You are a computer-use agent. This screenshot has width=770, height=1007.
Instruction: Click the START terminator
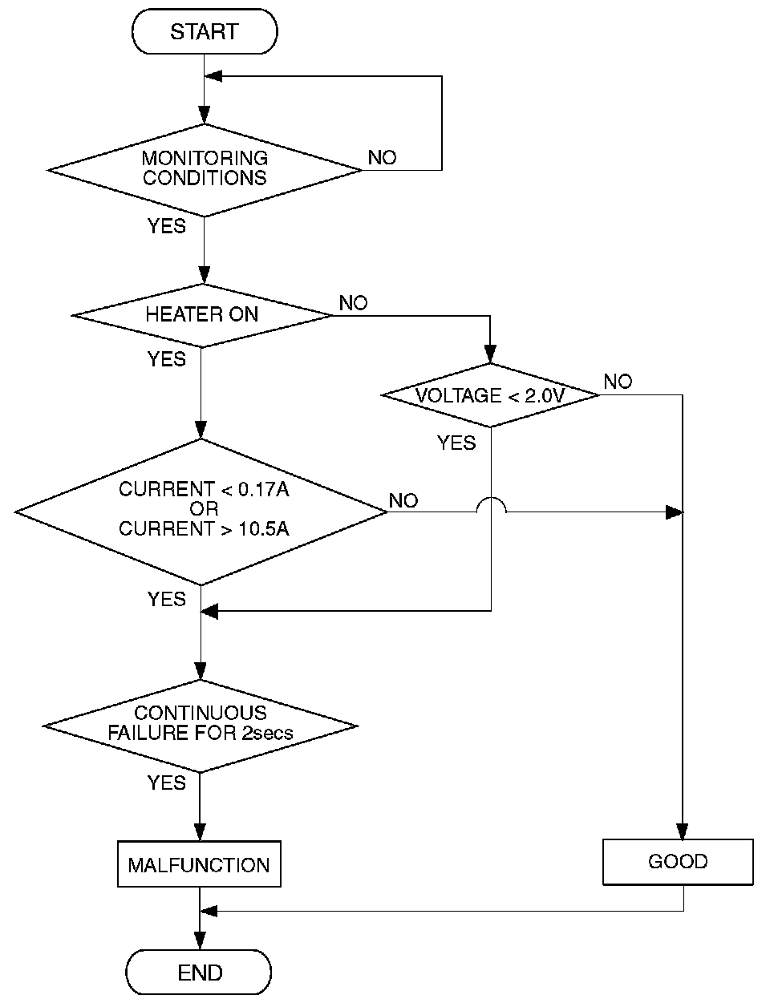205,32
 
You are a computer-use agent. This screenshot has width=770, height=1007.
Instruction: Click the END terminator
199,973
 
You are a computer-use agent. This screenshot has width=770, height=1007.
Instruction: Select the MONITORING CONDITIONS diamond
205,169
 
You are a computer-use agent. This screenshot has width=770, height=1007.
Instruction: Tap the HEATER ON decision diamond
202,315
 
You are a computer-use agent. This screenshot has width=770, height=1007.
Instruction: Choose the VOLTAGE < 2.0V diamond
490,395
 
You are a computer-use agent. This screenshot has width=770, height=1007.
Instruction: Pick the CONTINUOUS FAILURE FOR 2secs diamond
200,726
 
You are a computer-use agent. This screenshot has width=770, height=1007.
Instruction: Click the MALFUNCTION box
199,864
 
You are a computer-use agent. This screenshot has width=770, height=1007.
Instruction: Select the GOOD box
678,862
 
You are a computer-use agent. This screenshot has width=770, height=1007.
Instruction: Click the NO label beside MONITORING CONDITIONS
382,158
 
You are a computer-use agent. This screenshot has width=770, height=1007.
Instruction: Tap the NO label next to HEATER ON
353,303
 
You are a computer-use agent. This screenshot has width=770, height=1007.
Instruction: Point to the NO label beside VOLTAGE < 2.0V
618,382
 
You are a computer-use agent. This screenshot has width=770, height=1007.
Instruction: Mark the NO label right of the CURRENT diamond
403,501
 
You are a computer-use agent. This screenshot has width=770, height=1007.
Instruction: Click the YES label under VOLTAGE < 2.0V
456,443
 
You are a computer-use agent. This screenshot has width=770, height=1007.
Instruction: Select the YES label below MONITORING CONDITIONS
167,226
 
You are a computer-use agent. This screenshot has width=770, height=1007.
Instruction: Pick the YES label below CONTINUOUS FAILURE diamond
167,783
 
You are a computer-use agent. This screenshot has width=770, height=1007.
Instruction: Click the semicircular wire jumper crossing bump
491,504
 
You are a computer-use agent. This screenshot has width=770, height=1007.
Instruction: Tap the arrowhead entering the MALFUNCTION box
199,832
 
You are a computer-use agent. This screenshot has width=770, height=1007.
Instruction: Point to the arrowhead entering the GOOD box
683,831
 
